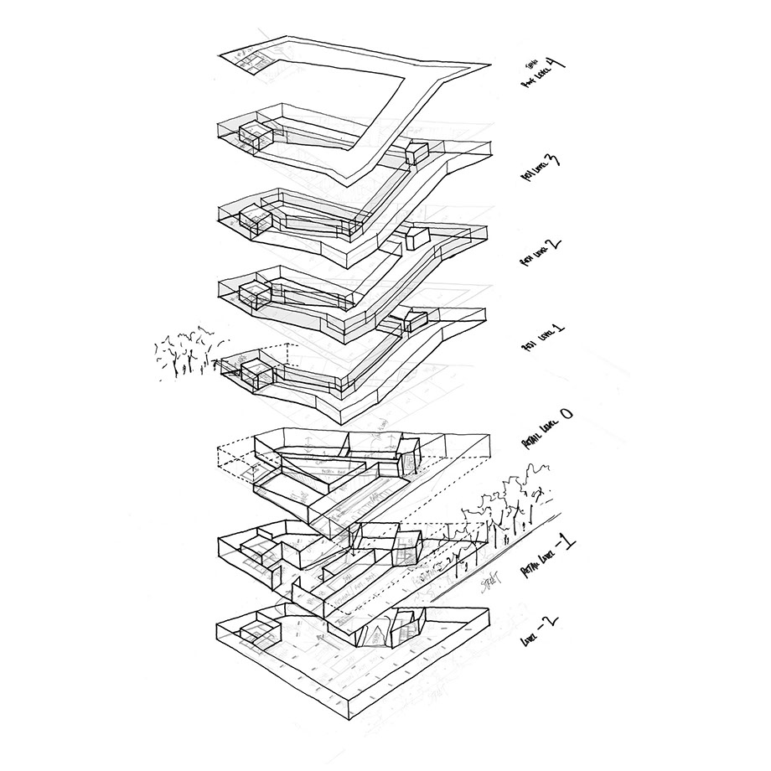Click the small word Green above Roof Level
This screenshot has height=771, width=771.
[530, 64]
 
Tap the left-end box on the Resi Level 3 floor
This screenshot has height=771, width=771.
[256, 134]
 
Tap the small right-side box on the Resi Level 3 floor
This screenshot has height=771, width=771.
[417, 153]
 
